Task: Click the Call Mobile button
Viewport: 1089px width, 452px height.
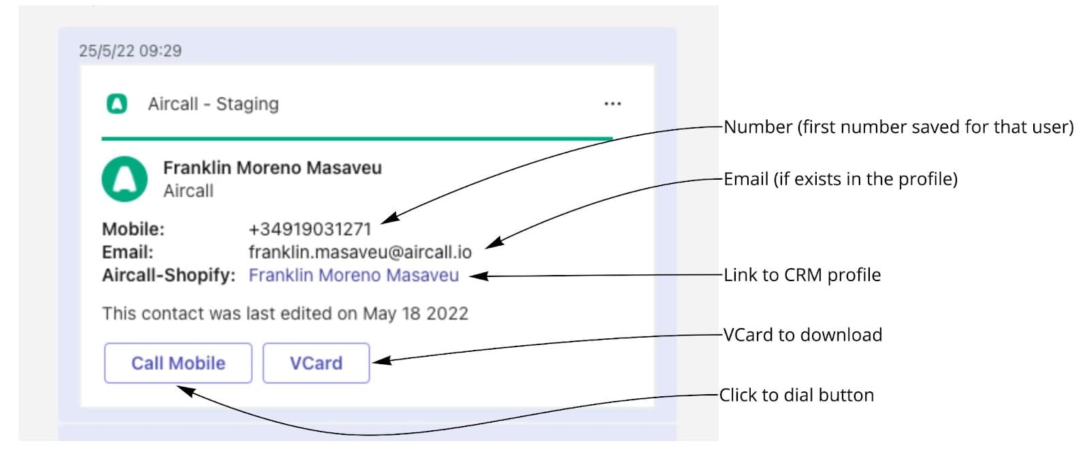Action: click(178, 363)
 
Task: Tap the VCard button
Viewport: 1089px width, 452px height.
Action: click(316, 363)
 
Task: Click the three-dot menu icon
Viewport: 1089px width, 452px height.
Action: click(613, 104)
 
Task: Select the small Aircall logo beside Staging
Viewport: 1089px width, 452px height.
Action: click(117, 104)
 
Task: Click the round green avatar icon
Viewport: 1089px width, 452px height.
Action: click(125, 179)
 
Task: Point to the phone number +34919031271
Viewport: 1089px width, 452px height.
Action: click(310, 229)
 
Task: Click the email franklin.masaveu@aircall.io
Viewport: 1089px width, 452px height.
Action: click(359, 253)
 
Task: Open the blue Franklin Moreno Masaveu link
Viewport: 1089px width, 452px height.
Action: click(353, 276)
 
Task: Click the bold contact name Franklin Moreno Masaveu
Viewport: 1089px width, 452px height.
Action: click(272, 168)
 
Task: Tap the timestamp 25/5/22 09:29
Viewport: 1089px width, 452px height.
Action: click(130, 51)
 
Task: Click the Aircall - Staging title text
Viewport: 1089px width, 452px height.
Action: click(213, 104)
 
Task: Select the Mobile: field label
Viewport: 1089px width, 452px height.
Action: click(133, 229)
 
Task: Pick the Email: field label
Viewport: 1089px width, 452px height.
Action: click(128, 253)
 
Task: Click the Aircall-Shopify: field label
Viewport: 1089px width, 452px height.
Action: click(169, 276)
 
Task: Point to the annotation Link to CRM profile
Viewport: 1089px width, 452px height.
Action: click(802, 275)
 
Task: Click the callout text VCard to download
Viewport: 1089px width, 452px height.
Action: click(802, 335)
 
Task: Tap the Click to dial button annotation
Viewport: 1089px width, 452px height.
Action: click(796, 395)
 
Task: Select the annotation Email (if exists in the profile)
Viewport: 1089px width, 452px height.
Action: click(840, 179)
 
